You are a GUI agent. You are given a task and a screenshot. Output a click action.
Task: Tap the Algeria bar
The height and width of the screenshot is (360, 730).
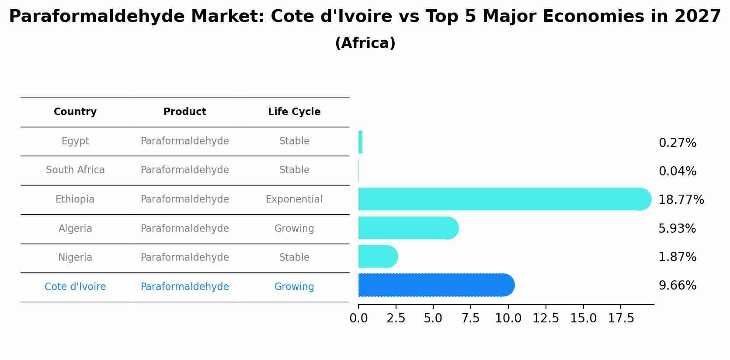pyautogui.click(x=407, y=228)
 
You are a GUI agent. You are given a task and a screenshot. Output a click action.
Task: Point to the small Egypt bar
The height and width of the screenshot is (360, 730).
pyautogui.click(x=360, y=142)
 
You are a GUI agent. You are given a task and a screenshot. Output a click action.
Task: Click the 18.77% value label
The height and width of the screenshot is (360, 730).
pyautogui.click(x=681, y=200)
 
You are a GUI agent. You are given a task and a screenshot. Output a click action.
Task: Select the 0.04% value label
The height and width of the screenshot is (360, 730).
pyautogui.click(x=677, y=171)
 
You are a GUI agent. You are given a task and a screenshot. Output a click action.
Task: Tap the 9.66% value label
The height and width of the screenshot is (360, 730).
pyautogui.click(x=677, y=286)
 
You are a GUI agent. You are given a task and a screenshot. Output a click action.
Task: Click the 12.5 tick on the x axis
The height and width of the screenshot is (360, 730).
pyautogui.click(x=546, y=318)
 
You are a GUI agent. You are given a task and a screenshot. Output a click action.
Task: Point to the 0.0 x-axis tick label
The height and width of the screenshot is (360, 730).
pyautogui.click(x=358, y=318)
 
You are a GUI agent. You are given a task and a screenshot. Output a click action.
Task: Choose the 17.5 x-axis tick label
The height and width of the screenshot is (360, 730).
pyautogui.click(x=621, y=318)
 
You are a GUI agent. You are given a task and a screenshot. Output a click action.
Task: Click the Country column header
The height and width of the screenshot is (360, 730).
pyautogui.click(x=75, y=112)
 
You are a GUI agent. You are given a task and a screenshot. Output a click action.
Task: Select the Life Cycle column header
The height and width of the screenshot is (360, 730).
pyautogui.click(x=294, y=112)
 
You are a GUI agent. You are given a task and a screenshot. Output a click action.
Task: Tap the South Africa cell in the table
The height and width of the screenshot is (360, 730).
pyautogui.click(x=75, y=170)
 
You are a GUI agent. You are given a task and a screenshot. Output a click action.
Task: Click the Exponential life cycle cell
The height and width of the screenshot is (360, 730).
pyautogui.click(x=294, y=199)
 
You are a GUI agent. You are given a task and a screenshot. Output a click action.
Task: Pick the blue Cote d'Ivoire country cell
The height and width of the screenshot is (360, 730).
pyautogui.click(x=75, y=287)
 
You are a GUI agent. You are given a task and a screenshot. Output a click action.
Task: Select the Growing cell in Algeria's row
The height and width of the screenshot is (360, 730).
pyautogui.click(x=294, y=229)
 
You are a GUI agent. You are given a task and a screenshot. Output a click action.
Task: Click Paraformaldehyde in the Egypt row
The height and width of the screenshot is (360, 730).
pyautogui.click(x=185, y=141)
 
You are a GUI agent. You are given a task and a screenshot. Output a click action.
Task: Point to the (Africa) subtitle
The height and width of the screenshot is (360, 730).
pyautogui.click(x=365, y=43)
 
